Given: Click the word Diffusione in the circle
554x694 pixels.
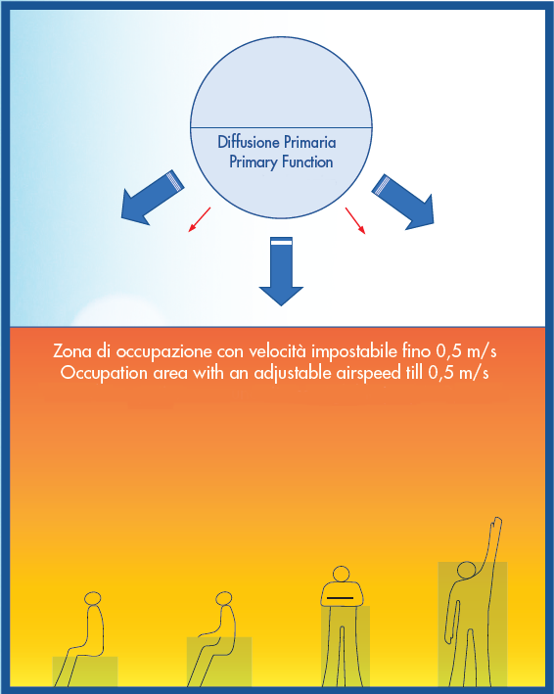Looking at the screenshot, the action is coord(249,142).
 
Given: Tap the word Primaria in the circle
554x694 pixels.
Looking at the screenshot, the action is coord(309,142).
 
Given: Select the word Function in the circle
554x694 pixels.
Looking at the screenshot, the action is coord(307,162).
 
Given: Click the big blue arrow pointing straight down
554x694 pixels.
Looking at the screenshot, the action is coord(281,271).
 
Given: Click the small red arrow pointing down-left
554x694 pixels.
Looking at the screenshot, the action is coord(200,219).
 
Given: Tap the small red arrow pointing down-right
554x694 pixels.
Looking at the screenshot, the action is coord(355,220).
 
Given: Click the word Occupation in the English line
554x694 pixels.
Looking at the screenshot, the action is coord(104,373).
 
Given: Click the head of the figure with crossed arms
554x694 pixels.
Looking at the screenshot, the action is coord(342,574).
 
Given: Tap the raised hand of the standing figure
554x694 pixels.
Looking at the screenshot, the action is coord(496,525).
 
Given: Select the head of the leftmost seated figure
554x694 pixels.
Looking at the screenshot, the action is coord(92,598).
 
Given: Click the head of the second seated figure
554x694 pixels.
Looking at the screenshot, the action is coord(223,598).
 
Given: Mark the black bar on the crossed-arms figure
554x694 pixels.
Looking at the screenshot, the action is coord(340,598).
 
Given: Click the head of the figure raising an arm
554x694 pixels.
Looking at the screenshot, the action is coord(466,570).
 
